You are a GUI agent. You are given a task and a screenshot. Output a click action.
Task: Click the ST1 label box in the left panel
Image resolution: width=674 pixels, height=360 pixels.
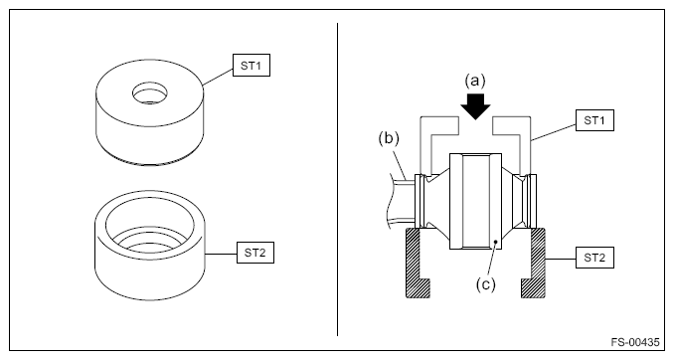252,66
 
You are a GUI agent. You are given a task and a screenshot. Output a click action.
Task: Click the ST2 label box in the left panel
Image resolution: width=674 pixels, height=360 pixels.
255,253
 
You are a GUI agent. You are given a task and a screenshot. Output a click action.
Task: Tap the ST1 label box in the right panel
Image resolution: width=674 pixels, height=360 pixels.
594,120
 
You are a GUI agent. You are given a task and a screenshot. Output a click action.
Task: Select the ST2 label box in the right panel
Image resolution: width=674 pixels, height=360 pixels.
594,258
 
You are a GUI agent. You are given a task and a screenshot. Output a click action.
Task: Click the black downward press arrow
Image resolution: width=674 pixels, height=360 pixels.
475,104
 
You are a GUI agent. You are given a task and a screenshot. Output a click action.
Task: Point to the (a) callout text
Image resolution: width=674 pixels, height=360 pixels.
475,80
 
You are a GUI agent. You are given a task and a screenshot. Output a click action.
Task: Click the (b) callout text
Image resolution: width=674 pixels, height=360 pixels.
389,138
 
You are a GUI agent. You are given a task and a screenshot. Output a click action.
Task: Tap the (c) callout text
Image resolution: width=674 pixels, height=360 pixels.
486,284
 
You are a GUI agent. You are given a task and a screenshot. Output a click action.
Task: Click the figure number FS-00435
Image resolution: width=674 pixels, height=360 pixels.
635,342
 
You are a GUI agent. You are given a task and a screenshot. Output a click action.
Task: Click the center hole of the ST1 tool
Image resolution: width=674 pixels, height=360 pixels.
149,93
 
